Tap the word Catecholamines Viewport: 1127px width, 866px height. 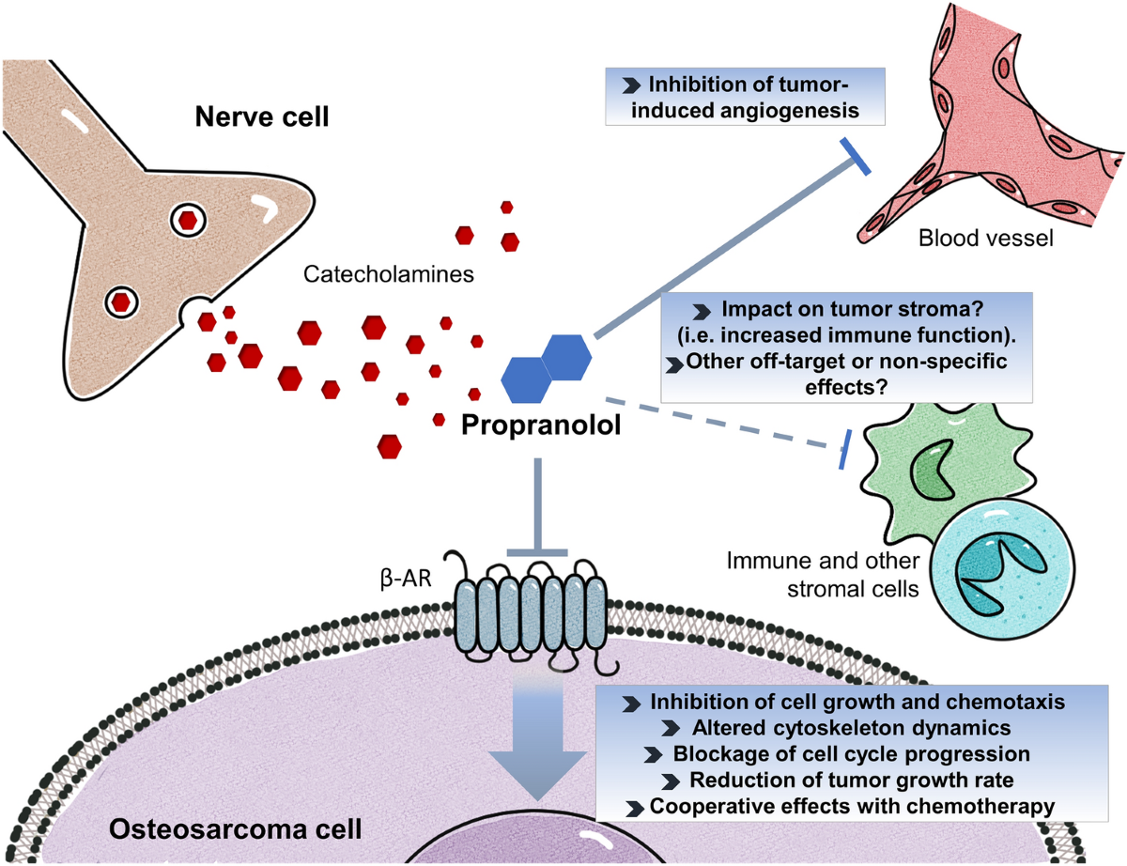pyautogui.click(x=387, y=276)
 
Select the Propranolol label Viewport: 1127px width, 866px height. pyautogui.click(x=541, y=424)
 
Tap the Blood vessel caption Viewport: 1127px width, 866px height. pyautogui.click(x=985, y=239)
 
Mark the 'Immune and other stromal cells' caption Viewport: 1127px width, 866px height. pyautogui.click(x=822, y=577)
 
